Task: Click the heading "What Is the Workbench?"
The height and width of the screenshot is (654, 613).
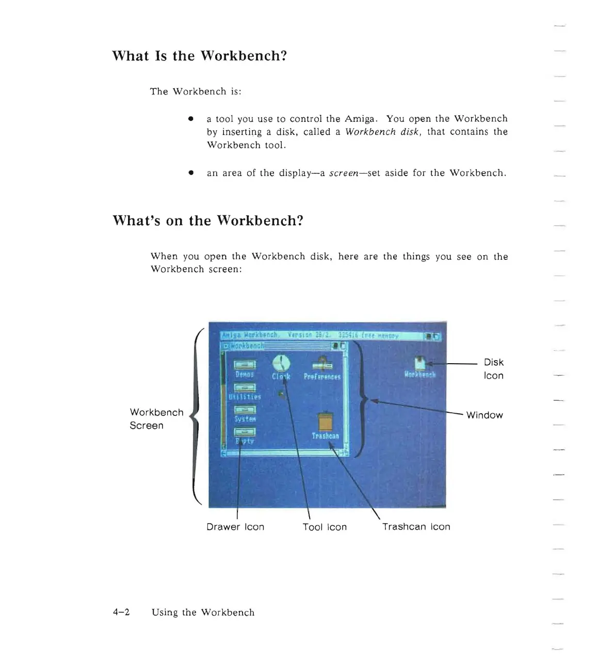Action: (x=199, y=56)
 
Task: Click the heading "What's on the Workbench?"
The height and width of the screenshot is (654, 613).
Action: (x=207, y=221)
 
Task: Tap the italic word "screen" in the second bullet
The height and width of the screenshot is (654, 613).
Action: (x=344, y=173)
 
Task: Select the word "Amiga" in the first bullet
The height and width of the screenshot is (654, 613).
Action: (x=360, y=118)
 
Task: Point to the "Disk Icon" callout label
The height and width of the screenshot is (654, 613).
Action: (x=493, y=369)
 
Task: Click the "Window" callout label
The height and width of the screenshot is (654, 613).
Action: (x=484, y=415)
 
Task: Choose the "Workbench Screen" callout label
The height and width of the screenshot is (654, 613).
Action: (x=156, y=419)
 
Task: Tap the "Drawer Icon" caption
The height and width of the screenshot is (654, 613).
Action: (x=235, y=527)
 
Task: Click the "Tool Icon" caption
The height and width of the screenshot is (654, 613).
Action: (x=325, y=527)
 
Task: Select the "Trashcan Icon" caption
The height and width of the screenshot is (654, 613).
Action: (x=416, y=527)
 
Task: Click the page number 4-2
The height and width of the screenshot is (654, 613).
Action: (x=121, y=612)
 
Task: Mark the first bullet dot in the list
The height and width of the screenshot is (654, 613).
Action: (x=190, y=119)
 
